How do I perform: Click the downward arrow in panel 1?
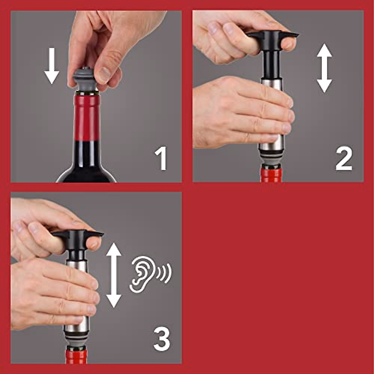[51, 66]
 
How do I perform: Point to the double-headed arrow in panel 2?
[324, 68]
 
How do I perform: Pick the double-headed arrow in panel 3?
[114, 275]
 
